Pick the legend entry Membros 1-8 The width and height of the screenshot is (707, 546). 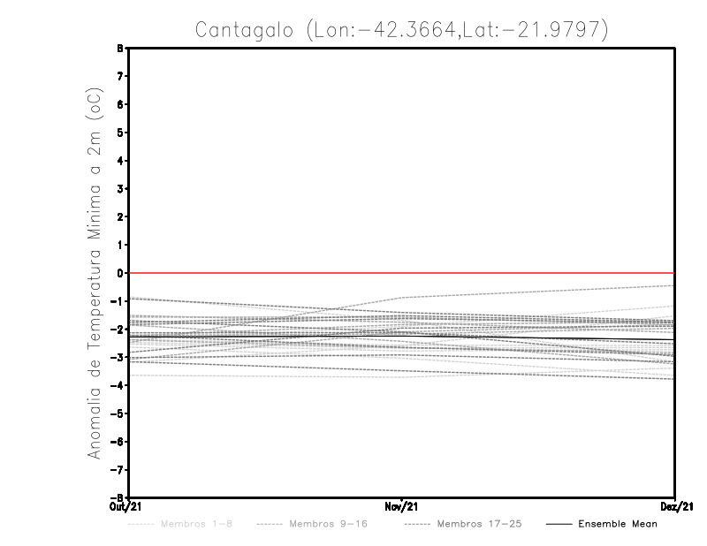[x=196, y=524]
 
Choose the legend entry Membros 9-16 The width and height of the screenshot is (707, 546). [x=328, y=524]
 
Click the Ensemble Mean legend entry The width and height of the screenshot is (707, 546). [x=618, y=524]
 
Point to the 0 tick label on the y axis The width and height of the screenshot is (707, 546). [x=119, y=273]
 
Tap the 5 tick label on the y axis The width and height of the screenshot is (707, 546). [x=119, y=133]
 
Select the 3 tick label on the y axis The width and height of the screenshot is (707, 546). [x=119, y=189]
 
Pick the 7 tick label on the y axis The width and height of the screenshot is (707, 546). [x=119, y=77]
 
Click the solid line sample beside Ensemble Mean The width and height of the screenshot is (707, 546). [x=558, y=524]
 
